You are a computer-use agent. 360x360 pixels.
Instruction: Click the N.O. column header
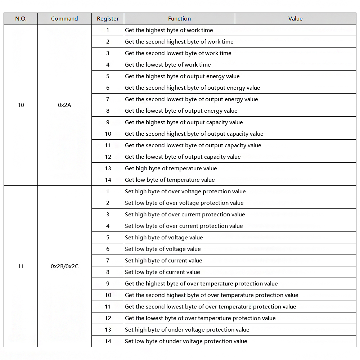[x=21, y=19]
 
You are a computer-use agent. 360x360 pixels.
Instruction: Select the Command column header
[x=64, y=19]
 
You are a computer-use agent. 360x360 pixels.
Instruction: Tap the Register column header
[x=108, y=19]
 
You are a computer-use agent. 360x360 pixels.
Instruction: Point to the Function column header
[x=179, y=19]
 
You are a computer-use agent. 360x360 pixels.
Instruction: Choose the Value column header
[x=295, y=19]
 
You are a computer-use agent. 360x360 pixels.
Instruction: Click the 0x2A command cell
[x=64, y=105]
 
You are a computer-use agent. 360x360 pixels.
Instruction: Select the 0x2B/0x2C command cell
[x=64, y=266]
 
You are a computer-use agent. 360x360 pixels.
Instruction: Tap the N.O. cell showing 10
[x=21, y=105]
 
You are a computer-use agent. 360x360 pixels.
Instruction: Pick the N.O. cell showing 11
[x=21, y=266]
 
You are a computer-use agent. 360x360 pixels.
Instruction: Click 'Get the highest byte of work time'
[x=169, y=30]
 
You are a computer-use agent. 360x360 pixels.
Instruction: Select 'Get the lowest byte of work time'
[x=168, y=65]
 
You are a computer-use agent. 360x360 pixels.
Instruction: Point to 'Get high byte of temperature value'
[x=171, y=168]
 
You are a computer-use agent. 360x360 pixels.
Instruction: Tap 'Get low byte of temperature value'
[x=170, y=180]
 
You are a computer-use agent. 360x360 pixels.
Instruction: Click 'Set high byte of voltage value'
[x=164, y=238]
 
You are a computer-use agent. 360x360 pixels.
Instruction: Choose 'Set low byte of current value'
[x=162, y=272]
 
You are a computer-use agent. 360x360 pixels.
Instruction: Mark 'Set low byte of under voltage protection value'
[x=186, y=341]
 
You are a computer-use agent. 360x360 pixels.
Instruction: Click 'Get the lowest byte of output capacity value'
[x=183, y=157]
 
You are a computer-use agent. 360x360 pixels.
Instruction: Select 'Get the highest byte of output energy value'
[x=182, y=76]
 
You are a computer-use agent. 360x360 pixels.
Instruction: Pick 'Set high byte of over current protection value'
[x=185, y=215]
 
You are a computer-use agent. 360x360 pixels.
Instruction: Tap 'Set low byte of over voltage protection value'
[x=184, y=203]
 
